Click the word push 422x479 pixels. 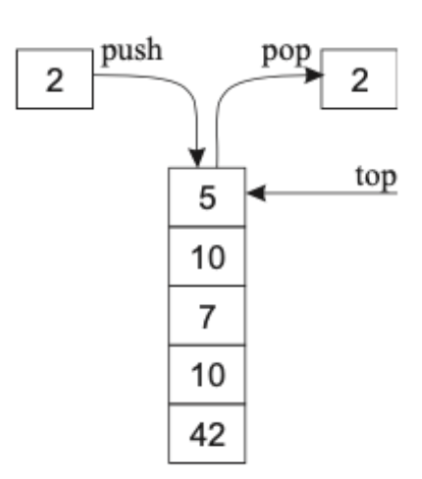pyautogui.click(x=132, y=51)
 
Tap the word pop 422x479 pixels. pyautogui.click(x=287, y=53)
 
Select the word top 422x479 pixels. pyautogui.click(x=376, y=178)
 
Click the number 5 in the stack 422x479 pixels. pyautogui.click(x=207, y=197)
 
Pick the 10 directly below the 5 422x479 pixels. pyautogui.click(x=208, y=257)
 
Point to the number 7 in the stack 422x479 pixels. pyautogui.click(x=207, y=316)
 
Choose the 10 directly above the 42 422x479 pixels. pyautogui.click(x=208, y=375)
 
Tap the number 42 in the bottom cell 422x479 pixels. pyautogui.click(x=208, y=434)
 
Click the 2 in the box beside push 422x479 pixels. pyautogui.click(x=55, y=80)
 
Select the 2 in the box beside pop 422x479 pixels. pyautogui.click(x=360, y=80)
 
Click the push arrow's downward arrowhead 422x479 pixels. pyautogui.click(x=197, y=158)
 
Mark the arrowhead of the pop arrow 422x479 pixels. pyautogui.click(x=313, y=76)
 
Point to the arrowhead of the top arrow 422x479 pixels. pyautogui.click(x=257, y=193)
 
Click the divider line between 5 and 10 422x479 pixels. pyautogui.click(x=207, y=226)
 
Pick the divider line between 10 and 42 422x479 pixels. pyautogui.click(x=207, y=403)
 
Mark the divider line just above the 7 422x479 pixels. pyautogui.click(x=207, y=286)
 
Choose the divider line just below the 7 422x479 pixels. pyautogui.click(x=207, y=345)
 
